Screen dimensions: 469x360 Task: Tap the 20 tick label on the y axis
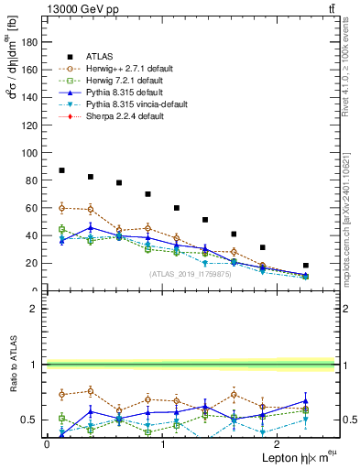click(34, 263)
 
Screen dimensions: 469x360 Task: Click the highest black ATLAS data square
click(61, 170)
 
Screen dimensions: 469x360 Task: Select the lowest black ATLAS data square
click(306, 266)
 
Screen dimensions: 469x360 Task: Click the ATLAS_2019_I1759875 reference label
click(189, 275)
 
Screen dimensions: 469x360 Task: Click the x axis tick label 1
click(162, 444)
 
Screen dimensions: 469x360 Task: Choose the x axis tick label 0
click(47, 444)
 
